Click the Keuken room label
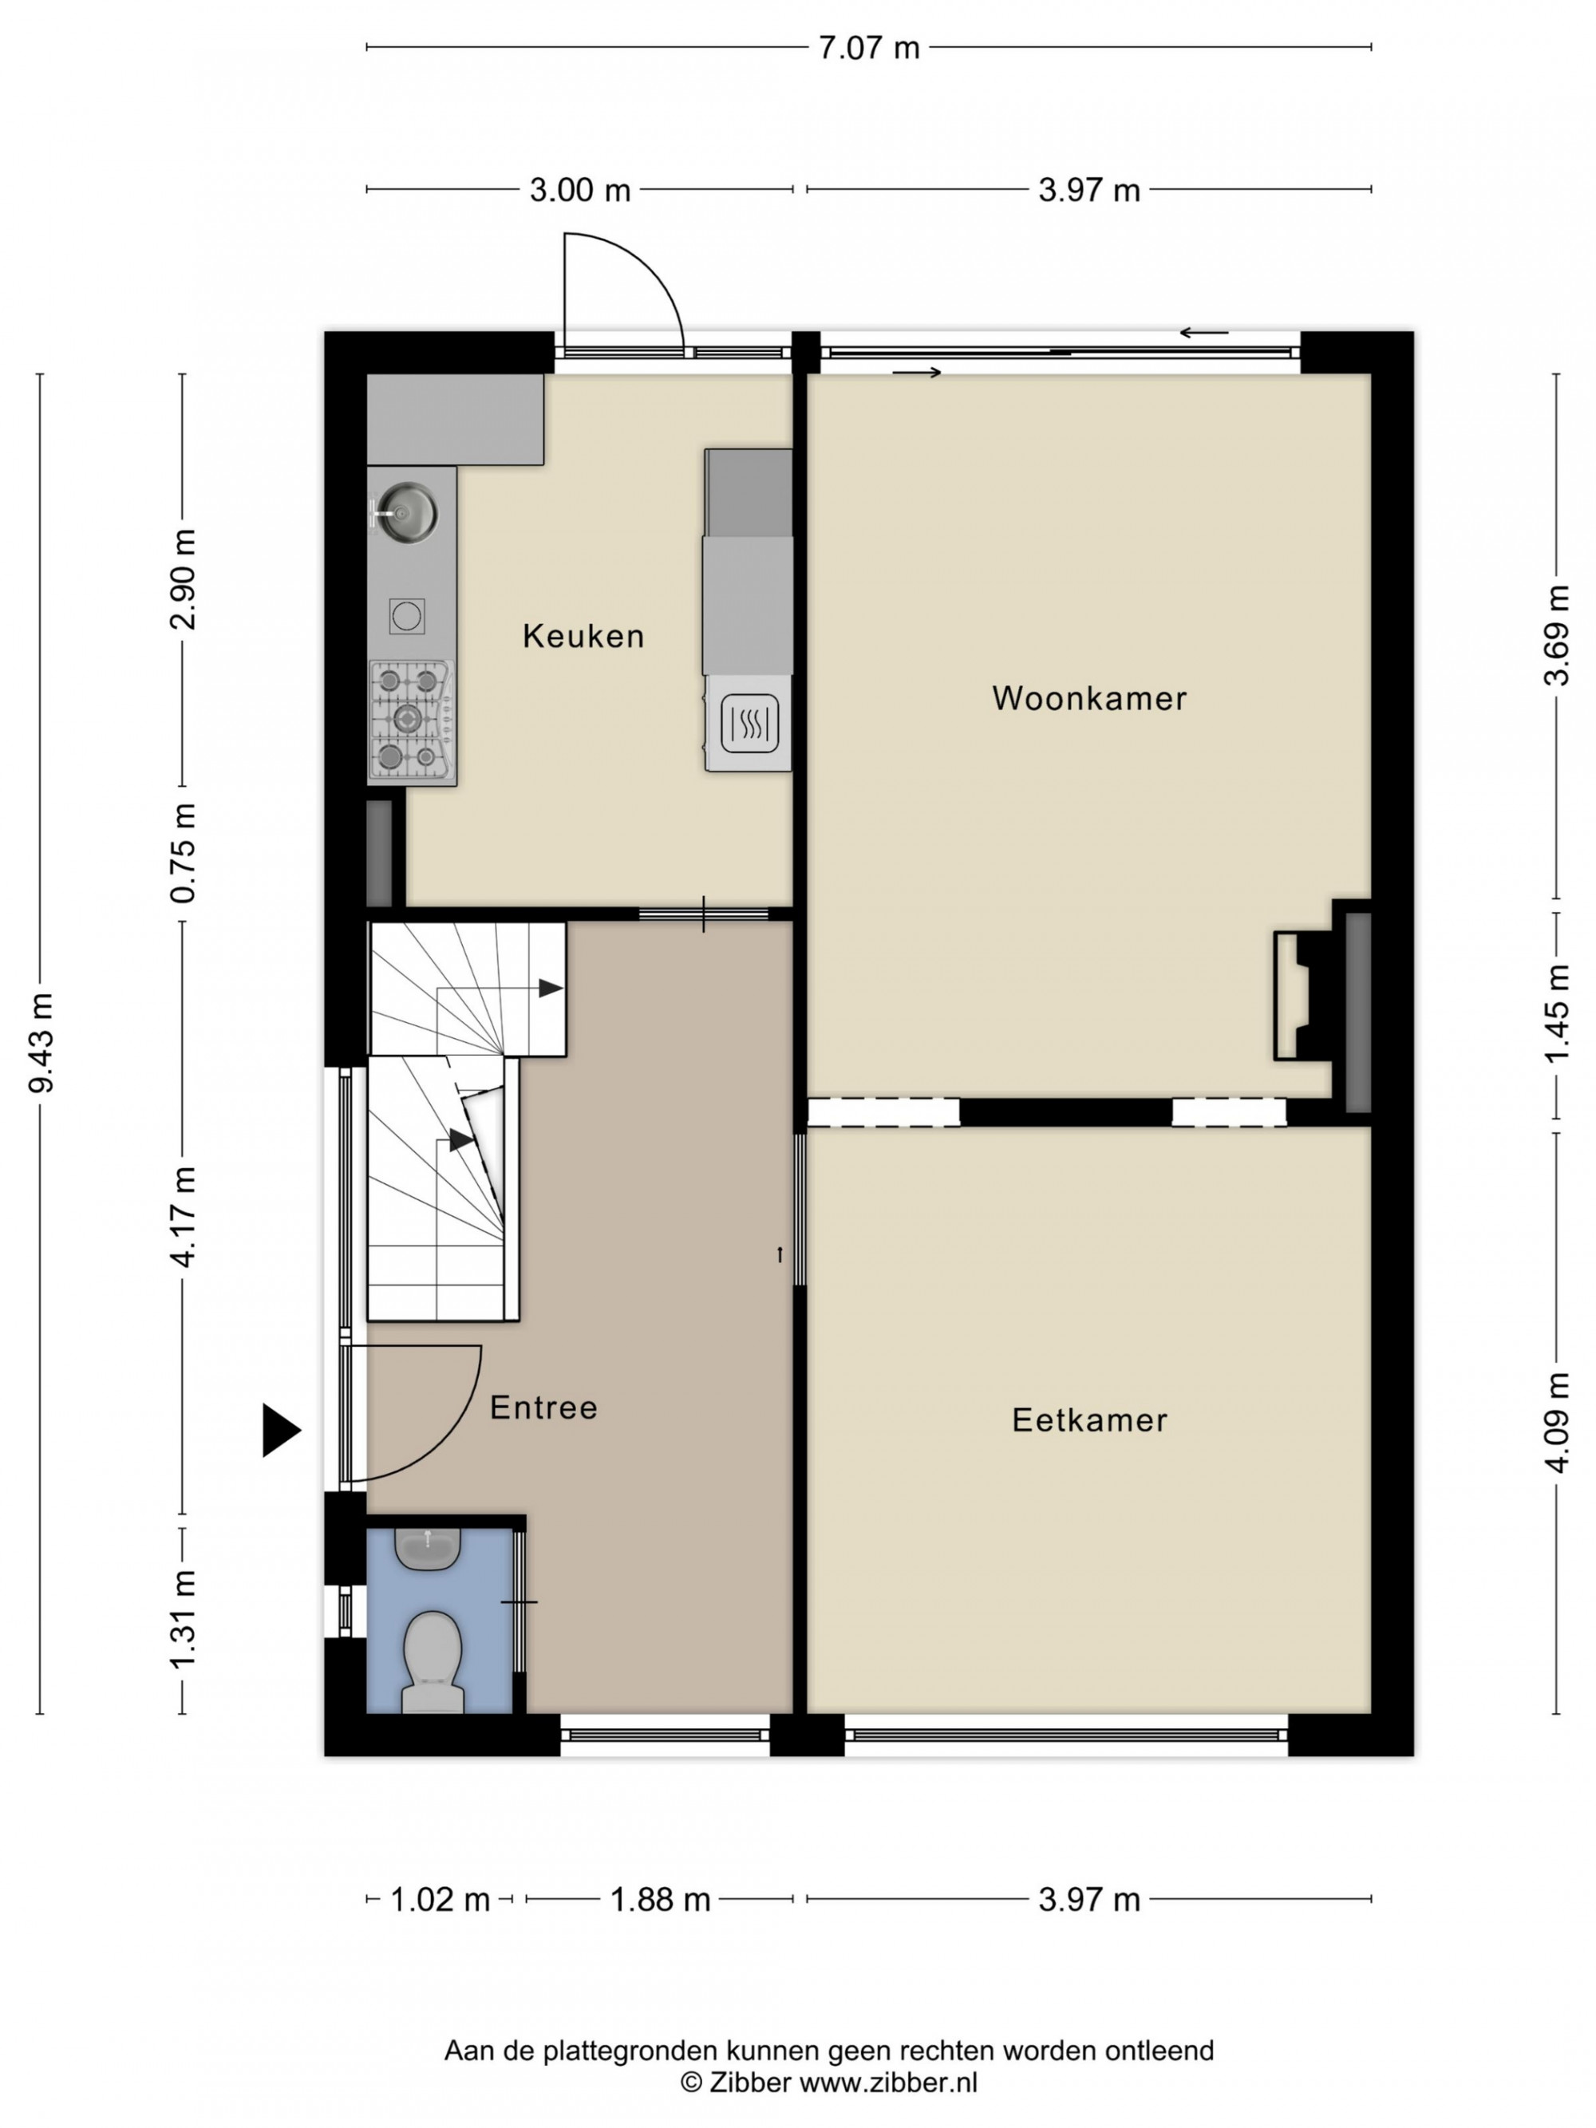coord(583,636)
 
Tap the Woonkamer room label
coord(1089,698)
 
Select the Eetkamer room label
coord(1089,1421)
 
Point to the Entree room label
coord(543,1408)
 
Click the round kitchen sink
coord(406,511)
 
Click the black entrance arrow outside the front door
coord(281,1431)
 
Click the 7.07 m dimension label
coord(869,48)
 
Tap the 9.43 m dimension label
coord(41,1044)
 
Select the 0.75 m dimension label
coord(183,853)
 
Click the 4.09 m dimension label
coord(1557,1423)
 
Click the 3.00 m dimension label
coord(580,191)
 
